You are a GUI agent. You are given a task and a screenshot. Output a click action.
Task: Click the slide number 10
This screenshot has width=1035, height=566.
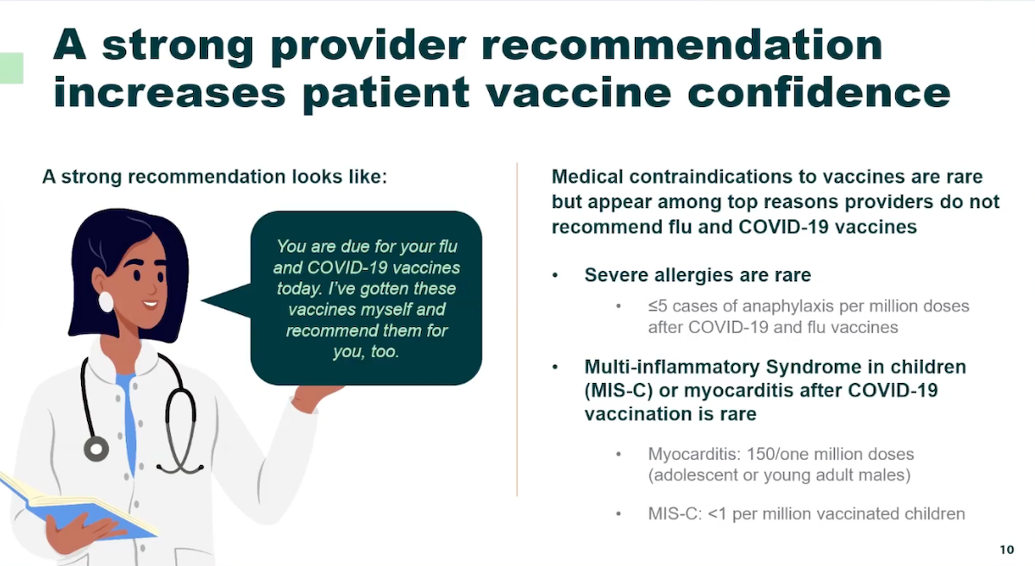click(x=1007, y=550)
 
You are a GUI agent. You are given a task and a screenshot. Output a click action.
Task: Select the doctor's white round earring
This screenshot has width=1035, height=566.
click(x=107, y=301)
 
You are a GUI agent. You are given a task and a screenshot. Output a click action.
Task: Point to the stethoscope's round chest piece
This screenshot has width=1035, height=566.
click(x=96, y=448)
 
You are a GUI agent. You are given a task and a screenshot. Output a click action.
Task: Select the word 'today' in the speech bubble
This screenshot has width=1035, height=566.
click(x=298, y=288)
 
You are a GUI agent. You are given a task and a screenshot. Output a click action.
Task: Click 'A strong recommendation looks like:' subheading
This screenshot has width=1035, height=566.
click(x=215, y=177)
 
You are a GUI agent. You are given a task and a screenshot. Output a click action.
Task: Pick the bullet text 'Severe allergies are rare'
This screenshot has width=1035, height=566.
click(x=697, y=274)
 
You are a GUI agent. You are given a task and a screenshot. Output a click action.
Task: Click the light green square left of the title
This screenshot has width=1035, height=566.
click(x=11, y=67)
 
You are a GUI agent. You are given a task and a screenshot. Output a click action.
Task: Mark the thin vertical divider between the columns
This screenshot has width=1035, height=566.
click(x=517, y=328)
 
